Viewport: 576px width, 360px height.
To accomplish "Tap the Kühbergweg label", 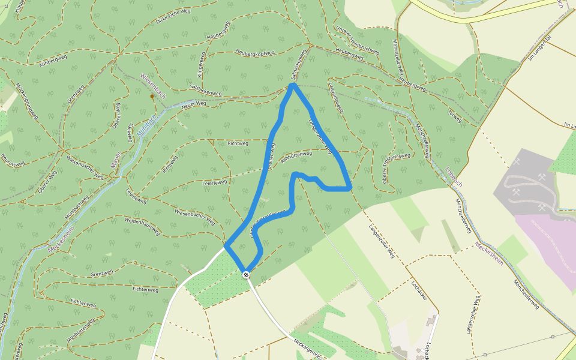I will [52, 59].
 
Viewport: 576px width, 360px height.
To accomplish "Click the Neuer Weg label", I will [193, 104].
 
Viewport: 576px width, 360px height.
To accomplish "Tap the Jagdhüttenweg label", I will [82, 328].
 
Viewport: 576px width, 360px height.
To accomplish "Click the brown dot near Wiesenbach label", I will [152, 96].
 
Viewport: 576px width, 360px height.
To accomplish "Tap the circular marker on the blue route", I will [246, 274].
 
